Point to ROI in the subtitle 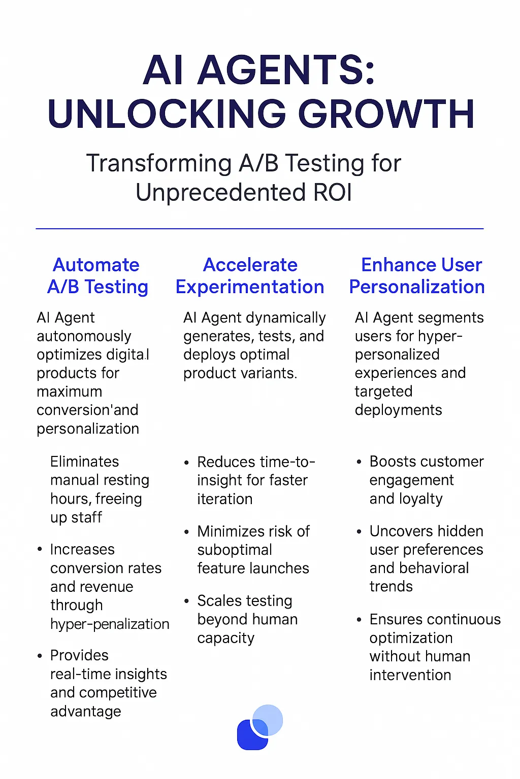(333, 193)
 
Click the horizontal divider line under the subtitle (259, 229)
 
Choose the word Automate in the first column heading (96, 265)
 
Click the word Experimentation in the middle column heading (249, 287)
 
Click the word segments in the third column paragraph (453, 318)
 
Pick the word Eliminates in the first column (84, 462)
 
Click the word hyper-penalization (110, 624)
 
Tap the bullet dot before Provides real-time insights (40, 656)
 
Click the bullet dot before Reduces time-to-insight (186, 463)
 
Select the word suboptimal (235, 550)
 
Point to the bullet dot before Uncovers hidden (359, 532)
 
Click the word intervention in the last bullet (410, 675)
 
